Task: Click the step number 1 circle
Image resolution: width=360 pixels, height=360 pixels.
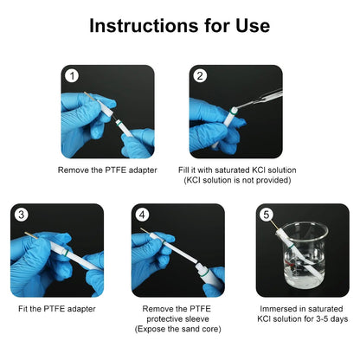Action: click(x=73, y=77)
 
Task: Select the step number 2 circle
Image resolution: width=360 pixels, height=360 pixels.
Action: click(x=201, y=76)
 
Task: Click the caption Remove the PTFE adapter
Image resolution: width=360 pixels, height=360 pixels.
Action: click(x=107, y=170)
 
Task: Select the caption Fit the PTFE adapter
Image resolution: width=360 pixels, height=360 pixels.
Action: click(x=57, y=309)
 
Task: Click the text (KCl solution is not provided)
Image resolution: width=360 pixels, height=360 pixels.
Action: click(x=236, y=180)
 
